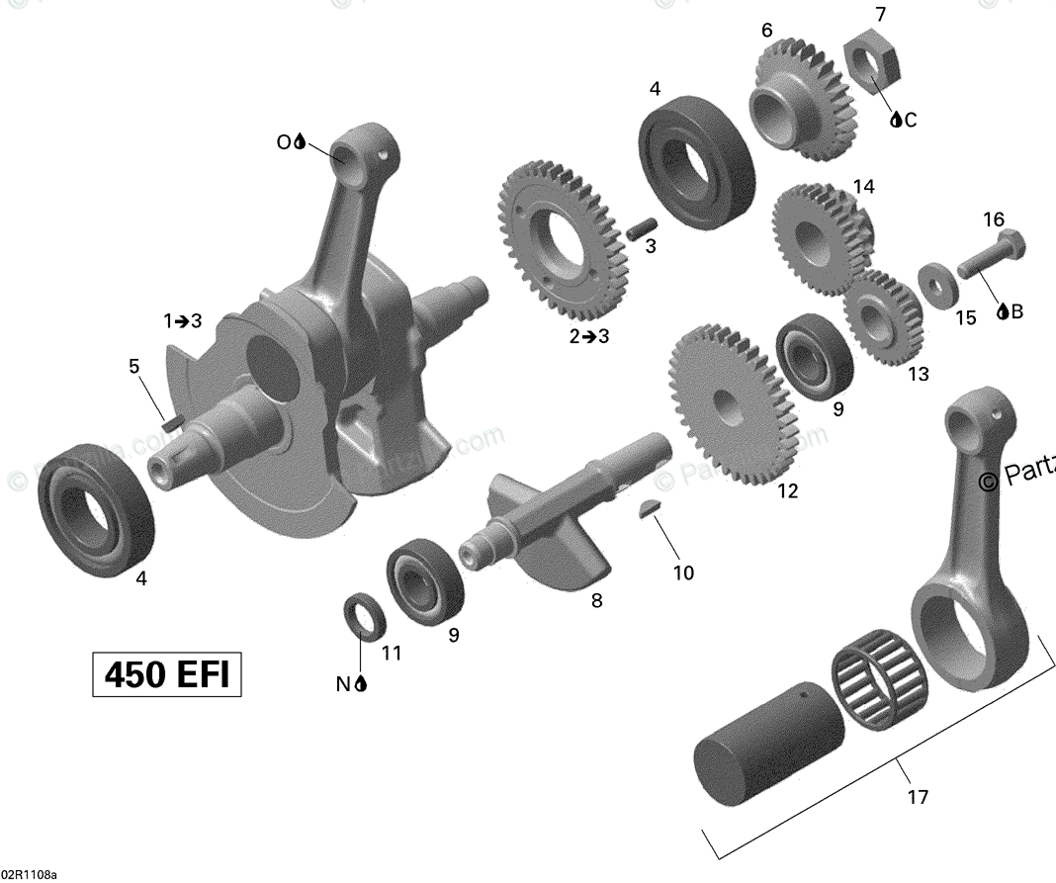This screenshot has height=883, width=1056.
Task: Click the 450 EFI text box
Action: click(167, 675)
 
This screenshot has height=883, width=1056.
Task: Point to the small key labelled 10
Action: click(650, 511)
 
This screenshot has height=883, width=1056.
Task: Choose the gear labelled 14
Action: click(816, 238)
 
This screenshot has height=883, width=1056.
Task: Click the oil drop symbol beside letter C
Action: click(896, 120)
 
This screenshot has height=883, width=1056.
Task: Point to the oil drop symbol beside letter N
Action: click(361, 683)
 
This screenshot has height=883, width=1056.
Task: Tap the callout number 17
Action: click(918, 796)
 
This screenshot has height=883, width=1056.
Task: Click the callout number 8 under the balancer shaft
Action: click(596, 599)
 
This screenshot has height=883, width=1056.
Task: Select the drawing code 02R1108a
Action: click(30, 875)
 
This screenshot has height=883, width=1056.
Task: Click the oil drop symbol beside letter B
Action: click(1002, 311)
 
